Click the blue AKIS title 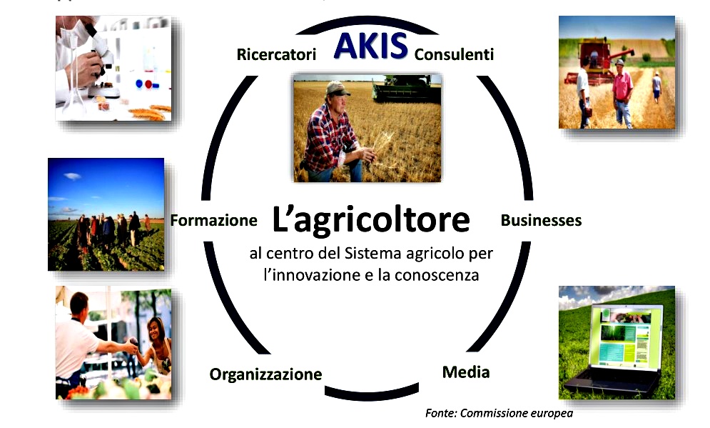pyautogui.click(x=370, y=46)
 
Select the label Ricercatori pyautogui.click(x=276, y=54)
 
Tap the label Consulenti pyautogui.click(x=454, y=54)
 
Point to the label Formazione pyautogui.click(x=214, y=220)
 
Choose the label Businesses pyautogui.click(x=541, y=220)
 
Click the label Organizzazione pyautogui.click(x=265, y=374)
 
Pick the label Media pyautogui.click(x=466, y=372)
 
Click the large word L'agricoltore pyautogui.click(x=371, y=221)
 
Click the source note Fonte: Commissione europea pyautogui.click(x=499, y=413)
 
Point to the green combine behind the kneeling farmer pyautogui.click(x=406, y=88)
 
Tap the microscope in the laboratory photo pyautogui.click(x=101, y=59)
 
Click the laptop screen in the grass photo pyautogui.click(x=627, y=336)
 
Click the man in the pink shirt pyautogui.click(x=623, y=93)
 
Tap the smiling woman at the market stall pyautogui.click(x=157, y=344)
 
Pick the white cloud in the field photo pyautogui.click(x=73, y=176)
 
